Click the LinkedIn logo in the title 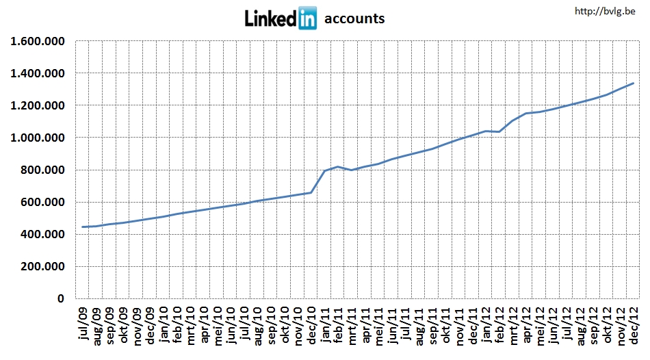(x=281, y=18)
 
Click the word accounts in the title (x=354, y=18)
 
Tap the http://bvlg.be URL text (x=605, y=11)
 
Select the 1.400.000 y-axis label (x=38, y=73)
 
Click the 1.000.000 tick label (x=38, y=138)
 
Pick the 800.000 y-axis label (x=42, y=170)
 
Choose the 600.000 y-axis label (x=42, y=202)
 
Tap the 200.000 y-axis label (x=42, y=266)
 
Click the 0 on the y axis (x=60, y=299)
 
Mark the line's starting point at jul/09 (x=83, y=227)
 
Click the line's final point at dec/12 (x=634, y=83)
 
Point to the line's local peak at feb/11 (x=338, y=166)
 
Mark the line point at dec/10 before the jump (x=311, y=192)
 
